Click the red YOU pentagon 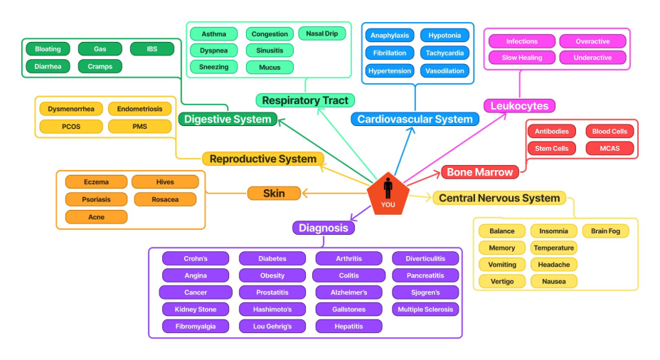388,194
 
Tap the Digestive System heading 228,119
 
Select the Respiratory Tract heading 305,100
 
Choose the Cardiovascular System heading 415,119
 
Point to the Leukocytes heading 519,106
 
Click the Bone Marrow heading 480,171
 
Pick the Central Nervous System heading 499,198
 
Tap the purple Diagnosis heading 324,228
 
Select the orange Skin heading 274,194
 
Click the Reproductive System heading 263,159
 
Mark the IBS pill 152,49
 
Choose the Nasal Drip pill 322,33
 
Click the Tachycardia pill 445,53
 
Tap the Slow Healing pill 522,58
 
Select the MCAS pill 610,148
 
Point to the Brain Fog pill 605,231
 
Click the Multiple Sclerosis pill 425,309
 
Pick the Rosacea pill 165,200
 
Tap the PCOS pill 71,127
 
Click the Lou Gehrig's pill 272,327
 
